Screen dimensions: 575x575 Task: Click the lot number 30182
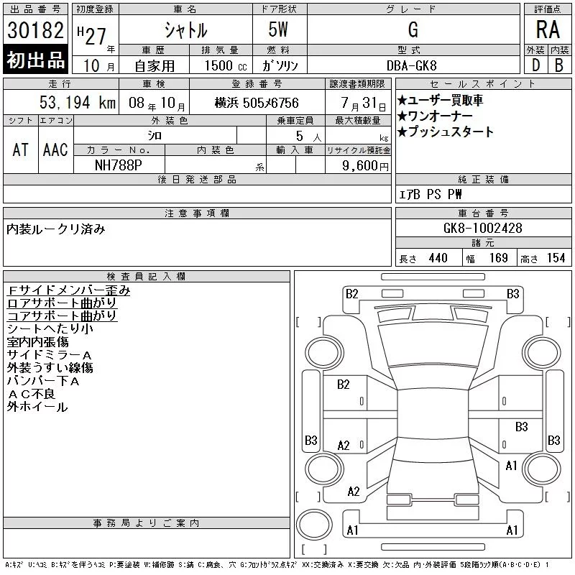(x=35, y=30)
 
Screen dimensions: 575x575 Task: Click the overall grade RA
(x=548, y=29)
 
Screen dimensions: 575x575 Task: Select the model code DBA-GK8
(x=411, y=65)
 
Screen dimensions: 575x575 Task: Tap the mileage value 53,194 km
(x=78, y=102)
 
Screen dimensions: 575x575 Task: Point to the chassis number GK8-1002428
(x=482, y=228)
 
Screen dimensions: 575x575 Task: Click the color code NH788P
(x=119, y=165)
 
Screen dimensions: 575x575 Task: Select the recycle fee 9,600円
(x=365, y=166)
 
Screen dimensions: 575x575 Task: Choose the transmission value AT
(x=20, y=149)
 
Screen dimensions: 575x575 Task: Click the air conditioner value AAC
(x=55, y=149)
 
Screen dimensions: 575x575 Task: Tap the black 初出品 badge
(x=35, y=59)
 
